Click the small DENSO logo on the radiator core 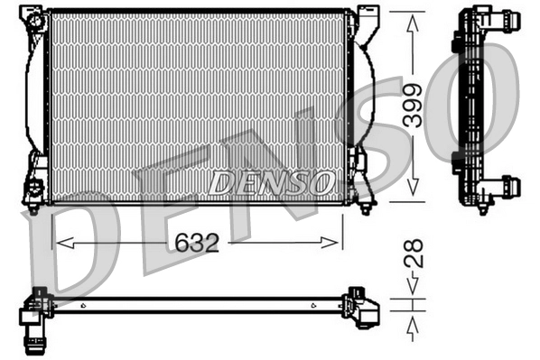click(x=269, y=183)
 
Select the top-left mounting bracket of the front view click(x=34, y=21)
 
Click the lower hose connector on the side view click(x=506, y=187)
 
